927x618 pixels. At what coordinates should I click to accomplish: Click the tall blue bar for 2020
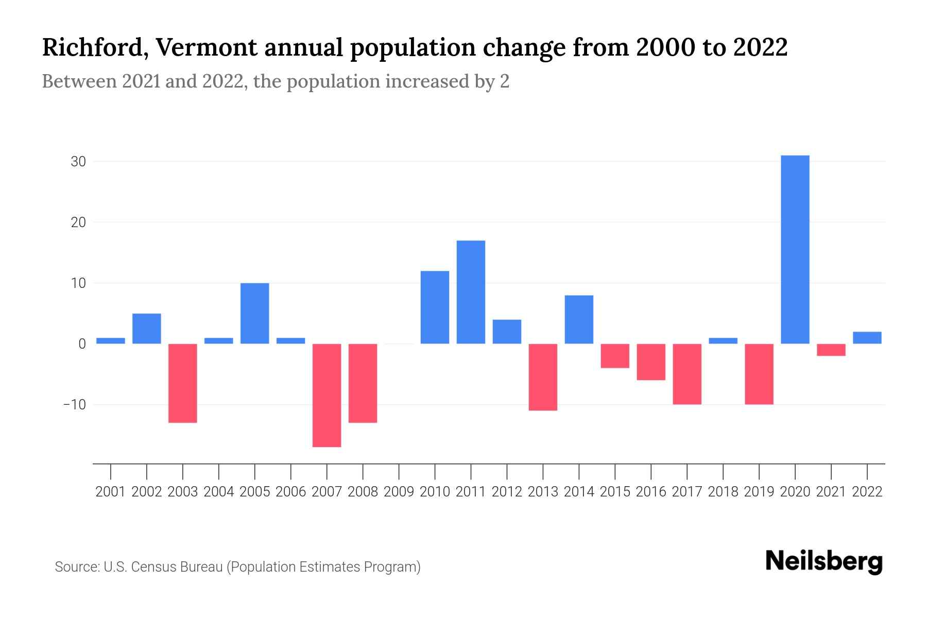[x=795, y=249]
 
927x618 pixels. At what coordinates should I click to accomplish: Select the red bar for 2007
[x=327, y=395]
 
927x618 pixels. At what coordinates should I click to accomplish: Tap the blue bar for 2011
[x=471, y=292]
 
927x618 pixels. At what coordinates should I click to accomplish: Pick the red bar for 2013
[x=543, y=377]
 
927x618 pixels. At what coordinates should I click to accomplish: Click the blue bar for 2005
[x=255, y=313]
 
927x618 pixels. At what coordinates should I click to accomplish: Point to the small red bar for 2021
[x=831, y=350]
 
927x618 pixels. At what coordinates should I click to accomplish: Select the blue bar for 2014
[x=579, y=319]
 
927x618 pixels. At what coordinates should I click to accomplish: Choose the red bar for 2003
[x=183, y=383]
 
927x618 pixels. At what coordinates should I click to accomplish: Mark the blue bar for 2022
[x=867, y=338]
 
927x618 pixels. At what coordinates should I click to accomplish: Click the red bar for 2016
[x=651, y=362]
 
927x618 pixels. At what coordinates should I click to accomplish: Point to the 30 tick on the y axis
[x=78, y=162]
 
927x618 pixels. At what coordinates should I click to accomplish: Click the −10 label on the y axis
[x=75, y=404]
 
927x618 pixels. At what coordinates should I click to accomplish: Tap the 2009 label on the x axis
[x=399, y=492]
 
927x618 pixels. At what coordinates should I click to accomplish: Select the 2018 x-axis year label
[x=723, y=492]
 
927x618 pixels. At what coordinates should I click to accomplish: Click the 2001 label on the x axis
[x=111, y=492]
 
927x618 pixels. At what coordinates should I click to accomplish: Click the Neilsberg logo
[x=824, y=561]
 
